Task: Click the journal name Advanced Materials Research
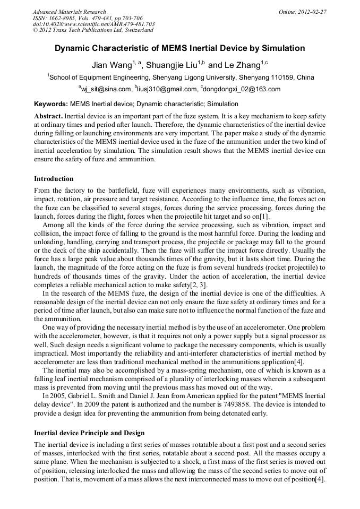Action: pos(69,12)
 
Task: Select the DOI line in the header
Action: pos(93,24)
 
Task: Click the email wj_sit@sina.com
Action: pos(106,89)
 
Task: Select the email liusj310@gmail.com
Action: pos(167,89)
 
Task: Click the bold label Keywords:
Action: pos(50,104)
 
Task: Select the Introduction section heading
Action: pos(54,179)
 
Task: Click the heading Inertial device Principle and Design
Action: pos(89,433)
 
